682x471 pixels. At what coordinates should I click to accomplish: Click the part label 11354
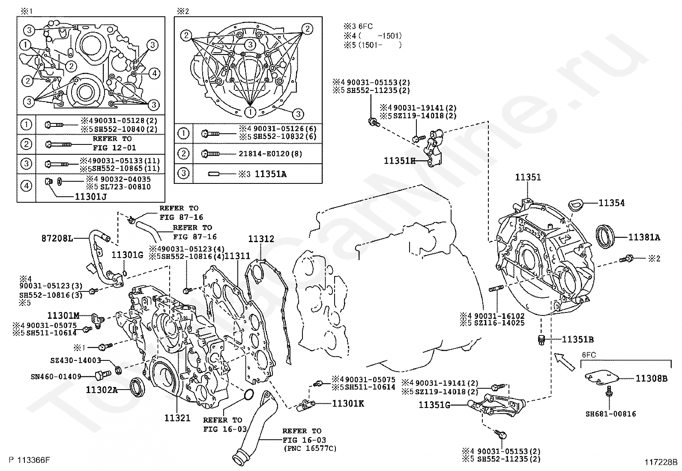611,203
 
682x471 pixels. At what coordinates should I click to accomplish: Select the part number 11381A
644,237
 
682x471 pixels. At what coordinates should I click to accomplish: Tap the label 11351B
577,339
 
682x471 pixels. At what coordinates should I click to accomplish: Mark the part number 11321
177,418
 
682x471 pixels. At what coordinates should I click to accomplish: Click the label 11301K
348,403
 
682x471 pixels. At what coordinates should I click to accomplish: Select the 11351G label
434,404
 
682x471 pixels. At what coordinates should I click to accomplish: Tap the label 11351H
400,161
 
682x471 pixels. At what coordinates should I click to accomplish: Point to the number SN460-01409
56,377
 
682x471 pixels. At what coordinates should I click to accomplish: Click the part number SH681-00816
610,414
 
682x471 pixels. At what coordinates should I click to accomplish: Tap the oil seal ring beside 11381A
606,236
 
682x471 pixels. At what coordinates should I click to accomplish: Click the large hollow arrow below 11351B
564,361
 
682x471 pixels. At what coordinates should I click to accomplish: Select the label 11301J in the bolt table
90,197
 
